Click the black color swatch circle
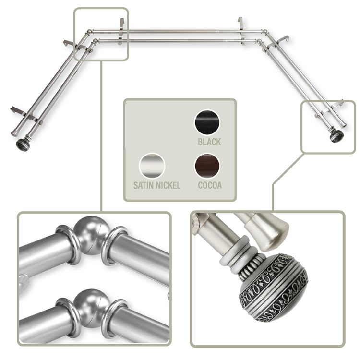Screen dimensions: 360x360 pyautogui.click(x=207, y=122)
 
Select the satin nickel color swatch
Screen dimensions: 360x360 pyautogui.click(x=152, y=166)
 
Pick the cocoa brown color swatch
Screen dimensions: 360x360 pyautogui.click(x=207, y=166)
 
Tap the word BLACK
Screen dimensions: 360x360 pyautogui.click(x=209, y=142)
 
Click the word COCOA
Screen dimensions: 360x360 pyautogui.click(x=210, y=185)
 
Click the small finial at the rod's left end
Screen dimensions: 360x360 pyautogui.click(x=23, y=143)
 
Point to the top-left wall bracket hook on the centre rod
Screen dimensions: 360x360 pyautogui.click(x=122, y=24)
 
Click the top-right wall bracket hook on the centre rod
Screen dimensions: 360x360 pyautogui.click(x=240, y=24)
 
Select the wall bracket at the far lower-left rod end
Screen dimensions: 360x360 pyautogui.click(x=22, y=112)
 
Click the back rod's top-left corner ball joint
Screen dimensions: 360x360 pyautogui.click(x=89, y=32)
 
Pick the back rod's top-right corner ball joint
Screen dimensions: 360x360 pyautogui.click(x=264, y=32)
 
